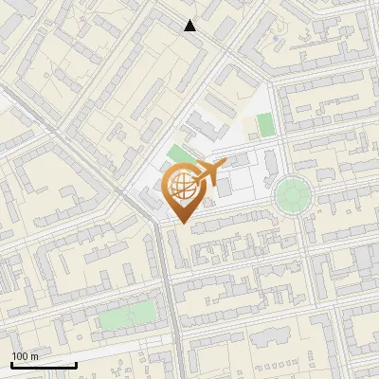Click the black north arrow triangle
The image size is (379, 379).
click(190, 26)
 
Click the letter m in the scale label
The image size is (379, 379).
click(35, 356)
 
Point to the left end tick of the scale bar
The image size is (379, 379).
click(12, 364)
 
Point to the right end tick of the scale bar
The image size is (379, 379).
click(76, 364)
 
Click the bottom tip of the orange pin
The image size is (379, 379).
click(180, 224)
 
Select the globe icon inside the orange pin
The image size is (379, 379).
click(180, 187)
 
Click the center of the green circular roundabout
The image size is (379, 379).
click(293, 196)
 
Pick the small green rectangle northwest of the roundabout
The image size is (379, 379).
click(265, 124)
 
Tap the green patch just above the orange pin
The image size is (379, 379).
click(177, 154)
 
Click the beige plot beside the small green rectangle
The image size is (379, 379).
click(248, 126)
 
